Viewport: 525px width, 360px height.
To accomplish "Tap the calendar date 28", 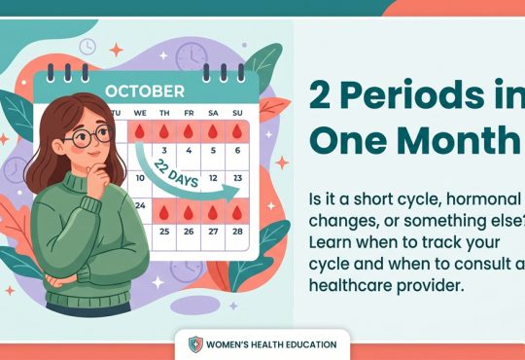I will click(x=238, y=232).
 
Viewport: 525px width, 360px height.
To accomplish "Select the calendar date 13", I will click(x=238, y=179).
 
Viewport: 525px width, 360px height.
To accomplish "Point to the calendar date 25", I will click(x=164, y=232).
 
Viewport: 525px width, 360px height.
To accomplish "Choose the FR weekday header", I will click(x=189, y=112).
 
